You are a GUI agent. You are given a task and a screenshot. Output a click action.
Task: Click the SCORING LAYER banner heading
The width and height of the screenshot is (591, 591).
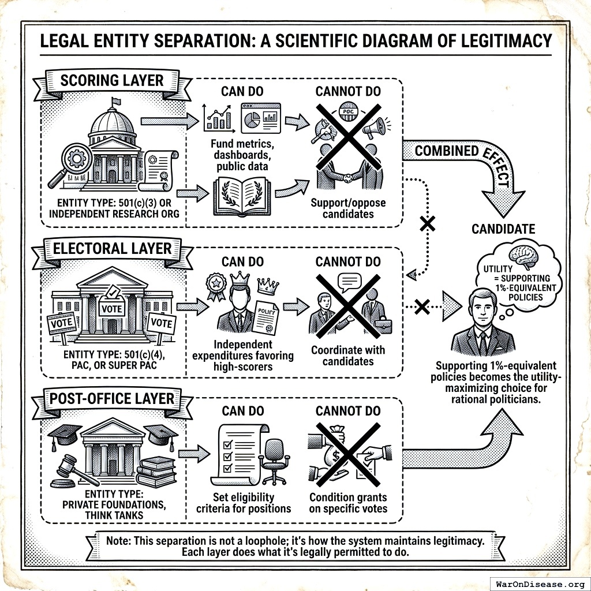(x=112, y=80)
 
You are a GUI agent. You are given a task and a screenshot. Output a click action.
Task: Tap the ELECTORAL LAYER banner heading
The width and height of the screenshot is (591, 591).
(x=112, y=249)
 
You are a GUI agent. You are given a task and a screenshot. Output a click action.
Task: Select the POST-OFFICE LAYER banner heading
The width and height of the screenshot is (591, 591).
(x=112, y=399)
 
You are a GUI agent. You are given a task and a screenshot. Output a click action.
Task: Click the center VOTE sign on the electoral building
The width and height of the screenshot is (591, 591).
(x=112, y=309)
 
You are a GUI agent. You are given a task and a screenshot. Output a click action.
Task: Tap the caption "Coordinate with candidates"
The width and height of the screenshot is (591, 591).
(x=348, y=356)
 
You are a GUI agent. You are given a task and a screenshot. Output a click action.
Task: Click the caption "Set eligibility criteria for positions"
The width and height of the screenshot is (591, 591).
(x=243, y=503)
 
